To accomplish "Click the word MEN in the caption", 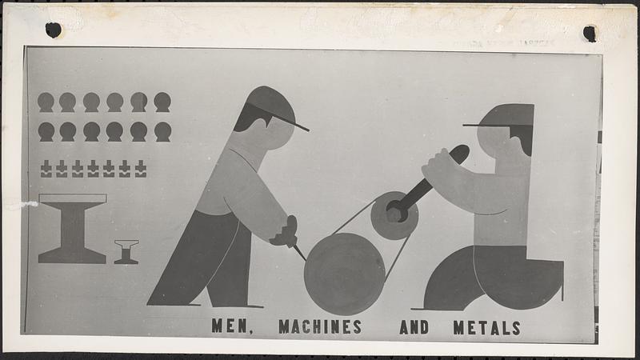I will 227,326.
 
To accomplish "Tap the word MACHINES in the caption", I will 320,326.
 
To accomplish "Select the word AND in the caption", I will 414,326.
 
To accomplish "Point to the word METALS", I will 486,326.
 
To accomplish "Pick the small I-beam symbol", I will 126,251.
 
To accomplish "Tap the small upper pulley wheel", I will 393,215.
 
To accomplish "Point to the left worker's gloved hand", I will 286,233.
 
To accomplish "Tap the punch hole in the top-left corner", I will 54,30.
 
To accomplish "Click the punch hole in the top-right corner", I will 590,34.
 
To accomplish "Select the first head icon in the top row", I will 46,102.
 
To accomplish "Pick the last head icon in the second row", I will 162,131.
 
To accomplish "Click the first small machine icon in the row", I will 46,168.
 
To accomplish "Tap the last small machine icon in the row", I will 140,168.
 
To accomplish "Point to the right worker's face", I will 496,142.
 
